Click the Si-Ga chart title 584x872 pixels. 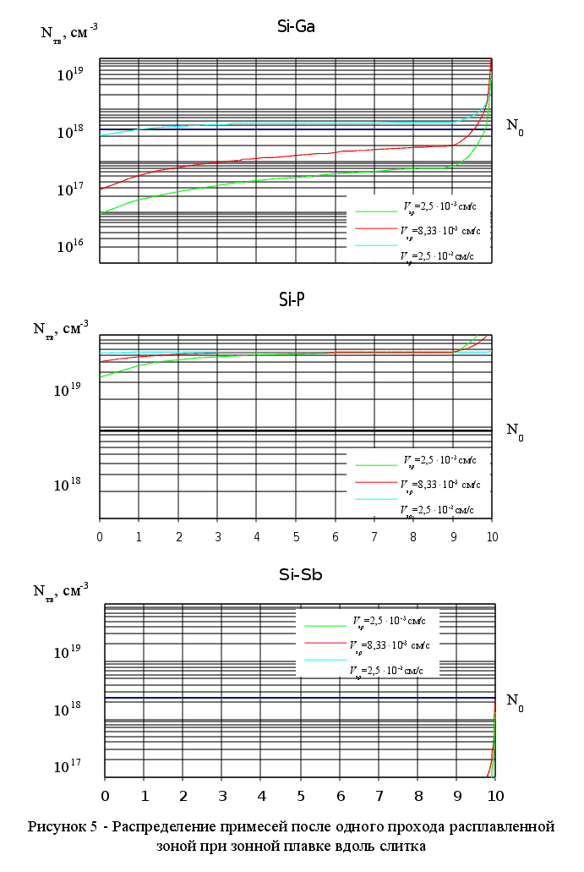click(296, 26)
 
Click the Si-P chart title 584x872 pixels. click(296, 299)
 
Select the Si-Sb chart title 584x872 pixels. click(301, 576)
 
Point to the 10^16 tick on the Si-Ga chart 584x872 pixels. click(70, 246)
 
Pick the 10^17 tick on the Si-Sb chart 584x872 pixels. click(68, 766)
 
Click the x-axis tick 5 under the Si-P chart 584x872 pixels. click(296, 538)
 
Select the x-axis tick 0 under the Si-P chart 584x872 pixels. click(100, 538)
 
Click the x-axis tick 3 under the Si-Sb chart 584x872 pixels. click(222, 796)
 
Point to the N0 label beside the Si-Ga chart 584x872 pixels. click(515, 127)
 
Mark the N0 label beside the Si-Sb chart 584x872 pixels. click(515, 701)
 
